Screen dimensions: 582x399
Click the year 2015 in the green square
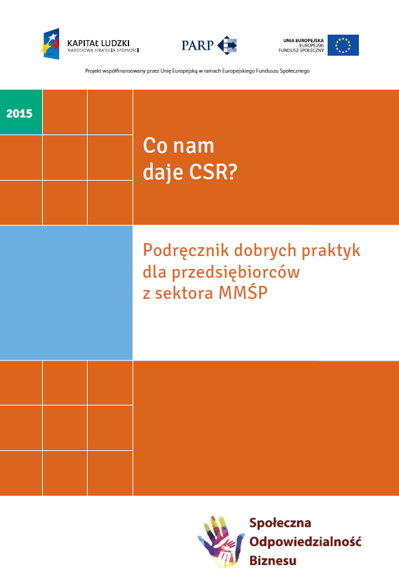pyautogui.click(x=19, y=113)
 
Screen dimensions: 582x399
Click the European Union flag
pyautogui.click(x=343, y=46)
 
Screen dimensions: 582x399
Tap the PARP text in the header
pyautogui.click(x=198, y=46)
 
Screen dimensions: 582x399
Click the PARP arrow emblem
pyautogui.click(x=227, y=46)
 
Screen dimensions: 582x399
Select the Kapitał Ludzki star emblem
pyautogui.click(x=52, y=44)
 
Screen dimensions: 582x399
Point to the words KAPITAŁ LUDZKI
pyautogui.click(x=99, y=43)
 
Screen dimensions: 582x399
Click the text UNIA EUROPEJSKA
pyautogui.click(x=303, y=40)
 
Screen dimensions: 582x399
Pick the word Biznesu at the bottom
pyautogui.click(x=273, y=561)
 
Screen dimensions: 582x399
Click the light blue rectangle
pyautogui.click(x=66, y=292)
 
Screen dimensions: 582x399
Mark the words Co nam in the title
pyautogui.click(x=178, y=145)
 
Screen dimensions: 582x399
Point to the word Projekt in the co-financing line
pyautogui.click(x=93, y=71)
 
